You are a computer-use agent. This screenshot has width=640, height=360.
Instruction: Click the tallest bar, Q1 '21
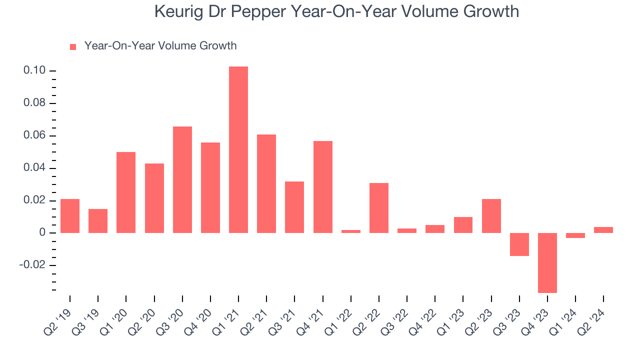[x=238, y=149]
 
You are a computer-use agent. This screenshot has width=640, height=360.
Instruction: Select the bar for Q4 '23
[x=547, y=262]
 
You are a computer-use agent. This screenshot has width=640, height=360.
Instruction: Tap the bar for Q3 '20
[x=182, y=179]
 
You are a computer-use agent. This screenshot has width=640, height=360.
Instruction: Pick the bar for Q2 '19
[x=70, y=216]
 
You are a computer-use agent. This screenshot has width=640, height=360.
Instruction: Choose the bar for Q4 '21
[x=323, y=187]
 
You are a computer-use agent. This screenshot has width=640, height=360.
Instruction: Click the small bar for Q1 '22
[x=351, y=231]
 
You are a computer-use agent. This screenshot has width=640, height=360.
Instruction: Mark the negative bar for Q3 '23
[x=519, y=244]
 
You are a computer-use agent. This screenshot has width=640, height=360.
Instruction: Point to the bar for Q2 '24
[x=603, y=230]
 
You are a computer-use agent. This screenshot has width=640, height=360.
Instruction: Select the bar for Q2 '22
[x=379, y=208]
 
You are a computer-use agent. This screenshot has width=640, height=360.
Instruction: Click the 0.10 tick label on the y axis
[x=34, y=71]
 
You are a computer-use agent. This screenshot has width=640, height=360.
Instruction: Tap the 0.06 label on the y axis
[x=34, y=136]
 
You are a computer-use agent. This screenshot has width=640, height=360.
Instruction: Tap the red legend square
[x=73, y=47]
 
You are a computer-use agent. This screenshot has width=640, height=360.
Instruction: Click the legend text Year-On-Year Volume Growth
[x=160, y=46]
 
